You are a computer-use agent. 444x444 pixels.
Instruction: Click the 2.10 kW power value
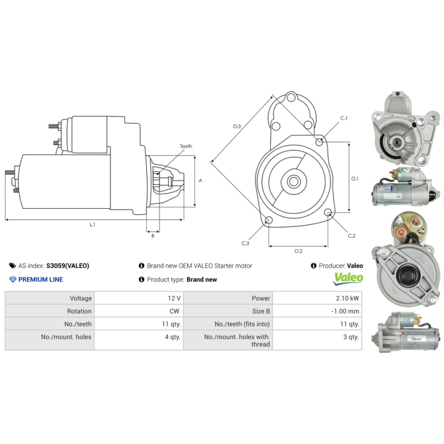point(349,299)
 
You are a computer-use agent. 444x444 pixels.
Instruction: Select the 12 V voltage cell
point(174,299)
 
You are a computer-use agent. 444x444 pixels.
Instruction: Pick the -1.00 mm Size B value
point(345,311)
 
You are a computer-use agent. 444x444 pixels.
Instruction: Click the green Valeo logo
point(348,277)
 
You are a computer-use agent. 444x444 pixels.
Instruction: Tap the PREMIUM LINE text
point(41,280)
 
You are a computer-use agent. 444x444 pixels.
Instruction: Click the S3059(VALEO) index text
point(68,266)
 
